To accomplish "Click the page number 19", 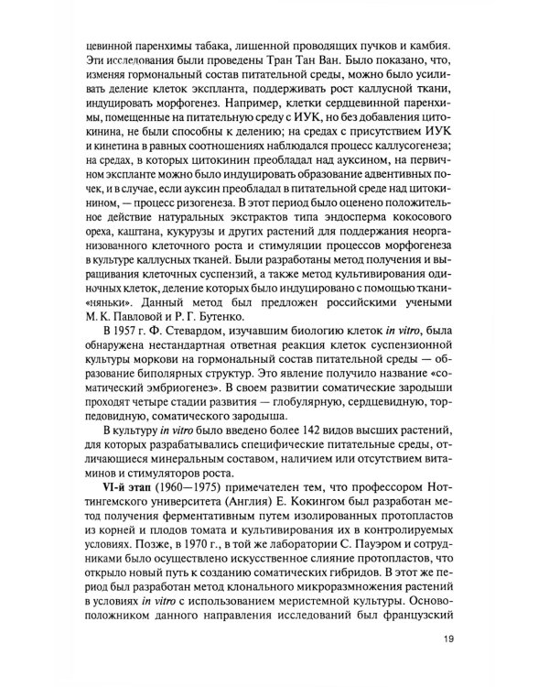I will pyautogui.click(x=448, y=640).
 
